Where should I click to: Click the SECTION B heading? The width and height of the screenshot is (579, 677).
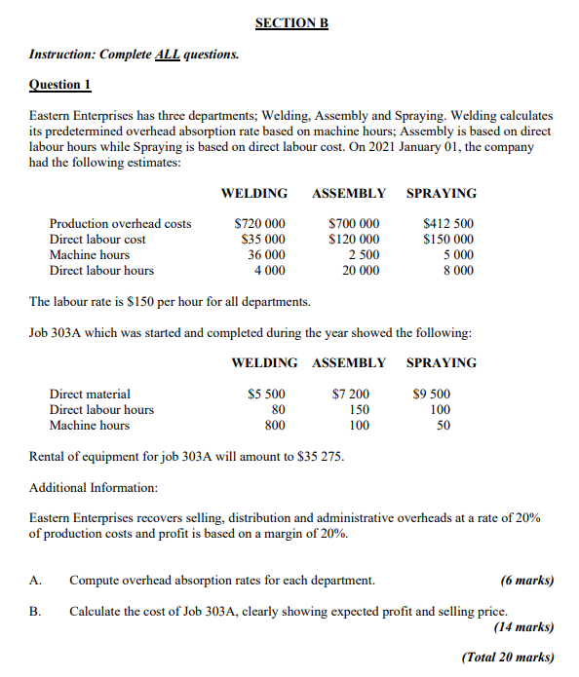pyautogui.click(x=291, y=22)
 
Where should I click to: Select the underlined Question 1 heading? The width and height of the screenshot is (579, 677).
pyautogui.click(x=60, y=85)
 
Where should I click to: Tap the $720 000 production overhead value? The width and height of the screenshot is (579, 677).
pyautogui.click(x=260, y=223)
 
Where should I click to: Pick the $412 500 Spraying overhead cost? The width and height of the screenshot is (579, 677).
pyautogui.click(x=448, y=223)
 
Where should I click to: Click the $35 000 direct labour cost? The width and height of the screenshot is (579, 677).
pyautogui.click(x=263, y=239)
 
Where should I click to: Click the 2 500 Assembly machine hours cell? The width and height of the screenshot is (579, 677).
pyautogui.click(x=364, y=254)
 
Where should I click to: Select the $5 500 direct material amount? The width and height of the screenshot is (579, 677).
pyautogui.click(x=266, y=394)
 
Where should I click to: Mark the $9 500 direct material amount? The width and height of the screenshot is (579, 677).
pyautogui.click(x=432, y=394)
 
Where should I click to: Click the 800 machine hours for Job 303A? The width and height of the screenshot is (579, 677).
pyautogui.click(x=275, y=425)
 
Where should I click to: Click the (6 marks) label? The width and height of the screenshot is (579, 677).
pyautogui.click(x=526, y=581)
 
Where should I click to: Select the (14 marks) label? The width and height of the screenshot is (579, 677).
pyautogui.click(x=523, y=626)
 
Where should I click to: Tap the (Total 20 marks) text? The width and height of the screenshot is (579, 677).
pyautogui.click(x=508, y=657)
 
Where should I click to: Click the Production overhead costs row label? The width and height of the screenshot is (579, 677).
pyautogui.click(x=120, y=223)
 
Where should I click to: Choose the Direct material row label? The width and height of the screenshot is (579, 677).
pyautogui.click(x=90, y=394)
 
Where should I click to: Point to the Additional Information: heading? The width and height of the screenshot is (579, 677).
pyautogui.click(x=94, y=487)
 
